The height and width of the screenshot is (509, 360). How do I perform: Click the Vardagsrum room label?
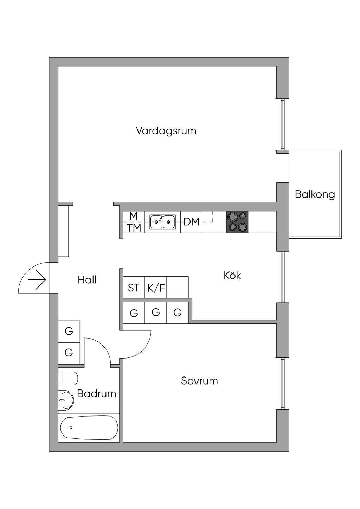[166, 131]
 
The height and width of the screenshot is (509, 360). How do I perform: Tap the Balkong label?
[315, 194]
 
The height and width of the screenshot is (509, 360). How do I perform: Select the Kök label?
[232, 275]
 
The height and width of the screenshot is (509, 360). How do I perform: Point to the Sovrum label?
[199, 381]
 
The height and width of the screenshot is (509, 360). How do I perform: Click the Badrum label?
[96, 393]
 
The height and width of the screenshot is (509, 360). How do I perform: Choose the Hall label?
[87, 280]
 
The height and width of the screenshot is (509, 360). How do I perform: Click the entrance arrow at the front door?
[37, 280]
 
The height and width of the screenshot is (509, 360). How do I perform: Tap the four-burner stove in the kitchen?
[237, 222]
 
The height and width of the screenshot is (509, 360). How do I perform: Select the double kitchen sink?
[162, 222]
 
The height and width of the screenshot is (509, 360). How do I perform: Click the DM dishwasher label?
[192, 222]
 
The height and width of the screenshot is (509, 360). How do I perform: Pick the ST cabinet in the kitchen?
[134, 288]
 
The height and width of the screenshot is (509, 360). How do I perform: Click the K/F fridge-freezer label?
[156, 288]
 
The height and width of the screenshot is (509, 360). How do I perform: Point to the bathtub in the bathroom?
[89, 427]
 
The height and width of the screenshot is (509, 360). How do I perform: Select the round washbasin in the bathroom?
[66, 400]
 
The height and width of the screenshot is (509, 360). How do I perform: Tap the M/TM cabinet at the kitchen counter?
[134, 222]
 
